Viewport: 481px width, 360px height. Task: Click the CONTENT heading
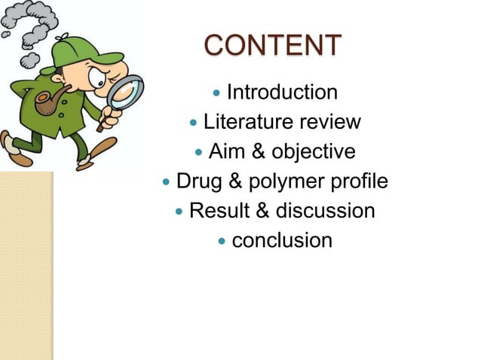[272, 45]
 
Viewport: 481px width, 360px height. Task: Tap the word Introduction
[282, 93]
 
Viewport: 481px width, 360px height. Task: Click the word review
[329, 122]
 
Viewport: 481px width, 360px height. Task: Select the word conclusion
[282, 241]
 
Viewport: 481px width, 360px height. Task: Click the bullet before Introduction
[217, 93]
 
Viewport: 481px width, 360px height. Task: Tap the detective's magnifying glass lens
[123, 94]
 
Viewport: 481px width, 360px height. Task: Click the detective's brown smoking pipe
[48, 104]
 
